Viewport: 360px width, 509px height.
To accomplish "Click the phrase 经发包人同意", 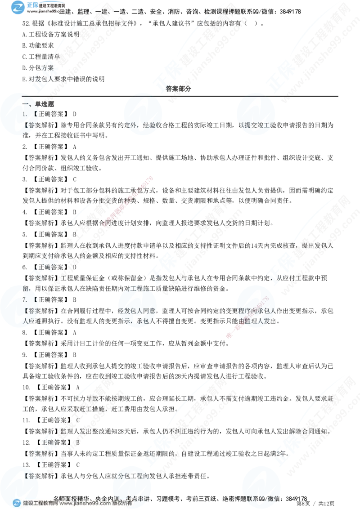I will click(137, 310).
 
